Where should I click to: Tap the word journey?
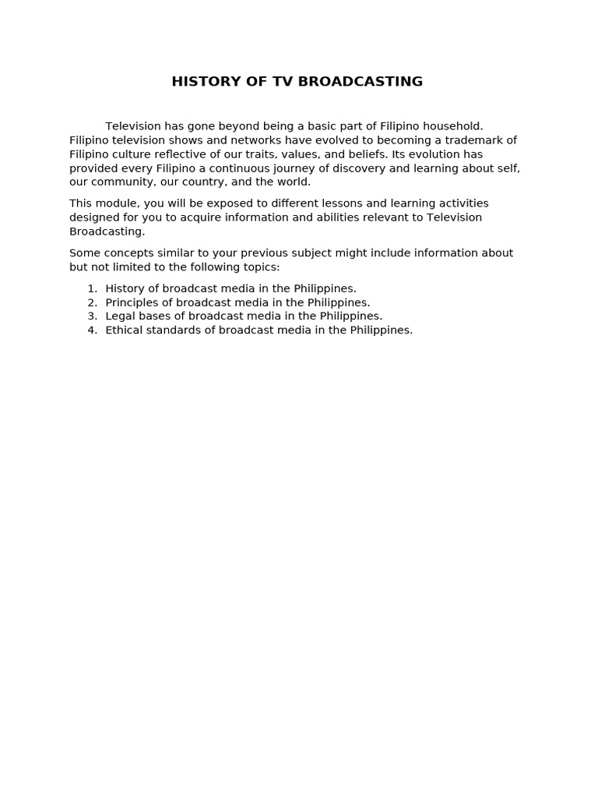point(322,168)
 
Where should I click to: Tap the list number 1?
point(91,288)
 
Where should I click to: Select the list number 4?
point(91,330)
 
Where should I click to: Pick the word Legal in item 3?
point(120,316)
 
